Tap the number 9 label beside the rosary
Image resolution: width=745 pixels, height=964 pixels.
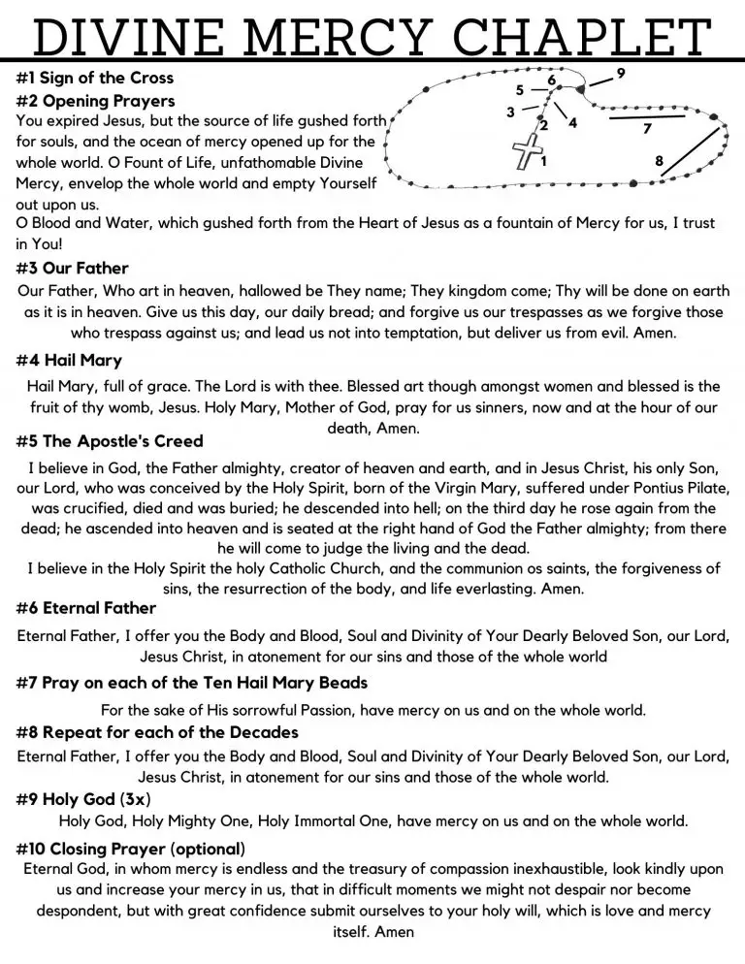(621, 73)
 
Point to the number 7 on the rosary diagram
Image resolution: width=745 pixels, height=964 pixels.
(647, 128)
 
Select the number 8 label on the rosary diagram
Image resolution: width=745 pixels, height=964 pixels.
(660, 161)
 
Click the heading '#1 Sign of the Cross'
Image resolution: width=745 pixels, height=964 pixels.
(95, 78)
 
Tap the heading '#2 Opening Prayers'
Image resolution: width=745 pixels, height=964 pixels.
(96, 101)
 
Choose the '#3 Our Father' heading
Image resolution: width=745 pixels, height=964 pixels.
(73, 268)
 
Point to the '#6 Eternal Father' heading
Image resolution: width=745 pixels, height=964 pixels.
(86, 608)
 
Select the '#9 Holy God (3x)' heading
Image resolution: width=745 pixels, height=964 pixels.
(83, 798)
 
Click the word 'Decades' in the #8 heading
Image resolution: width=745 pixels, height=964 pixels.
(263, 731)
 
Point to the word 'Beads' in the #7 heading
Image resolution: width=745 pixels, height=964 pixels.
(344, 684)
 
